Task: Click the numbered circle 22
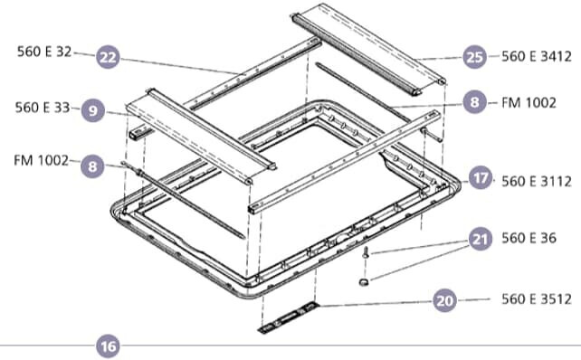click(x=109, y=56)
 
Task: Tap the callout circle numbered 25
click(x=474, y=56)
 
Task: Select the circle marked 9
click(x=92, y=110)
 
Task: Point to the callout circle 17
click(x=481, y=178)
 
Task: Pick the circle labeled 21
click(x=481, y=239)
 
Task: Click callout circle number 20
click(x=443, y=301)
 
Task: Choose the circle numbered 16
click(x=109, y=346)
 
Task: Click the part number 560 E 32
click(x=43, y=52)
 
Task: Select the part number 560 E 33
click(x=42, y=107)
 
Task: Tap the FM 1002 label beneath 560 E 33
click(x=41, y=160)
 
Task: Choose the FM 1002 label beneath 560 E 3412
click(x=529, y=104)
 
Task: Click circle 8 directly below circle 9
click(x=92, y=166)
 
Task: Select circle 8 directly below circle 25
click(x=474, y=104)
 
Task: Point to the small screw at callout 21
click(x=365, y=256)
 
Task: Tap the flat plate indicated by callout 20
click(x=288, y=317)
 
